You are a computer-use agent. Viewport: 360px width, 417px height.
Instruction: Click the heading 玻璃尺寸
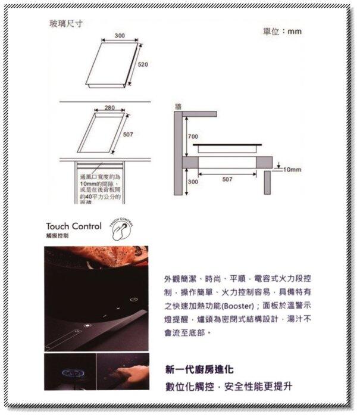click(65, 24)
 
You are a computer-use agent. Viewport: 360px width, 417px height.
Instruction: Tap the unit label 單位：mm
click(283, 31)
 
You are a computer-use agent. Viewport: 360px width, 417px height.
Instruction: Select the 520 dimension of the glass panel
click(143, 64)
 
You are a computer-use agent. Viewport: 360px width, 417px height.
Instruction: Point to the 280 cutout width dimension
click(109, 108)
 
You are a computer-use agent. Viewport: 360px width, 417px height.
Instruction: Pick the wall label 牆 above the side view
click(178, 106)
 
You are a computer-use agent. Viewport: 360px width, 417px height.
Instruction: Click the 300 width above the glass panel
click(119, 37)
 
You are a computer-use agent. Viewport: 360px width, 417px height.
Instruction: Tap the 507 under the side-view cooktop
click(227, 178)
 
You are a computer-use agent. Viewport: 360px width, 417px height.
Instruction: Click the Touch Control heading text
click(73, 227)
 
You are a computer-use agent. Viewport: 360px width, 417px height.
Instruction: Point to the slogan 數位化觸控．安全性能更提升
click(229, 387)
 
